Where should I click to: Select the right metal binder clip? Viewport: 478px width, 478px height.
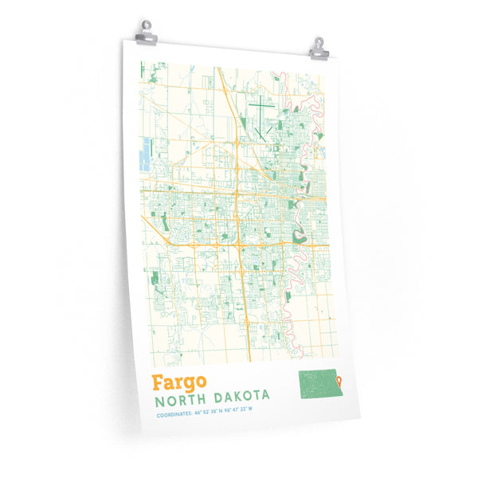[x=318, y=48]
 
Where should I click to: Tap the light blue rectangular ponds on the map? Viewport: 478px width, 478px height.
[x=145, y=154]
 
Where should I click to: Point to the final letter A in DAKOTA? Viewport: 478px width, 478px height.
[x=265, y=394]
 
